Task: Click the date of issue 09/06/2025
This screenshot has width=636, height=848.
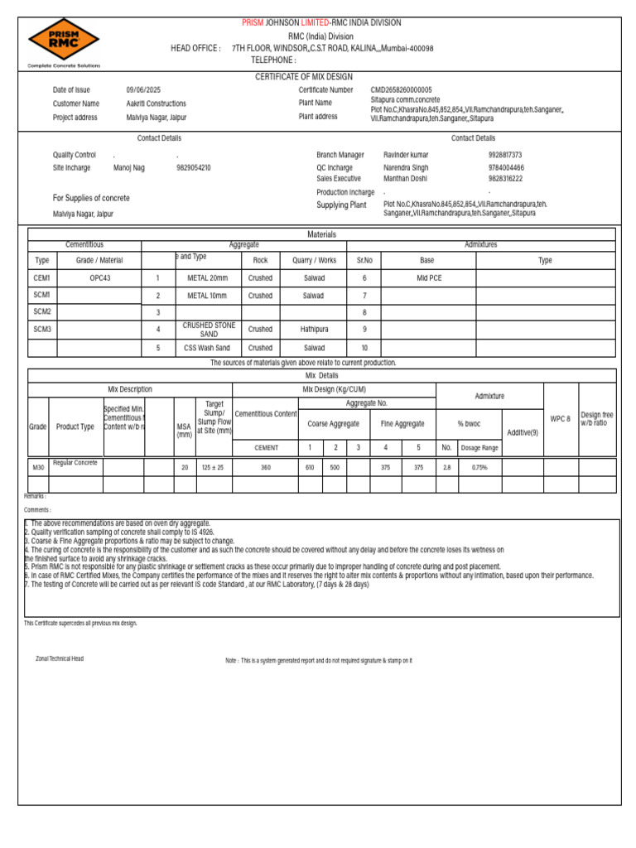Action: point(143,90)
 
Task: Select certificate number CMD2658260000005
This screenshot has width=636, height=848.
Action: point(401,90)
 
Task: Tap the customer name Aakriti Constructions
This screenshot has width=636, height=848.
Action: point(156,104)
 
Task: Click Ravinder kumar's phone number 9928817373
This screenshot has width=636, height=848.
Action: point(505,155)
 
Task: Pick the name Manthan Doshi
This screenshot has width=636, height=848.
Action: point(406,178)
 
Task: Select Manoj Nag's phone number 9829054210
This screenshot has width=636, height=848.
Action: point(193,167)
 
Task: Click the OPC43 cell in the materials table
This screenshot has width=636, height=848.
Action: point(99,278)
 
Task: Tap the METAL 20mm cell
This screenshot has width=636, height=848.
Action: point(207,278)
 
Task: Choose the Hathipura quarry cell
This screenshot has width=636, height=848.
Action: point(314,330)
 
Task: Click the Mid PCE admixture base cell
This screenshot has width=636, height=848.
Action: point(428,278)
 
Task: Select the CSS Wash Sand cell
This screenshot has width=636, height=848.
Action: point(207,348)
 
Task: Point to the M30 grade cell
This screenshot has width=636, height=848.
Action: point(38,468)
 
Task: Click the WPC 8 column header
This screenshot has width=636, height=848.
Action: point(560,419)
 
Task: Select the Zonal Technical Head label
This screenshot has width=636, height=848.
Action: point(59,658)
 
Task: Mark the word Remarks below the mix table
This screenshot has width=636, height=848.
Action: point(35,496)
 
